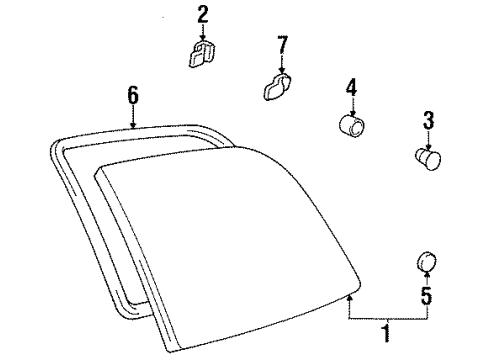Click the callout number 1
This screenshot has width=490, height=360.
[388, 332]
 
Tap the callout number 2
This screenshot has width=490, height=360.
[202, 13]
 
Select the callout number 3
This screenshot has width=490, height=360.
[427, 121]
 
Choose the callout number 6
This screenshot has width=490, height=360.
[132, 96]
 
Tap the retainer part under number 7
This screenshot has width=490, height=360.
[277, 88]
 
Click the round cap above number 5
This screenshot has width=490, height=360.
[426, 262]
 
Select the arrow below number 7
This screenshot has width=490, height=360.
[281, 63]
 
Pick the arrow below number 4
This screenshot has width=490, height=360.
[352, 106]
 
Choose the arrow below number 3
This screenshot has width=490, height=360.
[427, 138]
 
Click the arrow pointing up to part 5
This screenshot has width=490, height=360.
[426, 279]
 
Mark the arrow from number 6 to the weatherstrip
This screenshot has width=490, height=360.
[132, 116]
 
